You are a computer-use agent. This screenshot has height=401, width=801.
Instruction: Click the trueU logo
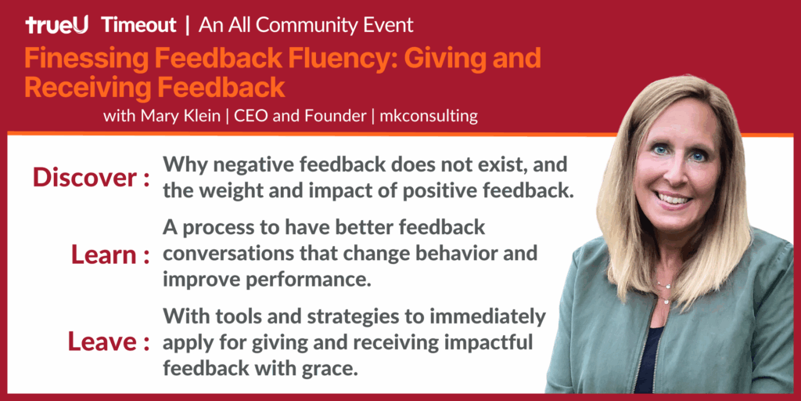[56, 24]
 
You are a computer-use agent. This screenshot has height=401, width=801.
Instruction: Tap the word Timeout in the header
[139, 24]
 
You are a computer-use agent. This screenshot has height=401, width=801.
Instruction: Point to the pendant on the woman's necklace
[666, 302]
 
